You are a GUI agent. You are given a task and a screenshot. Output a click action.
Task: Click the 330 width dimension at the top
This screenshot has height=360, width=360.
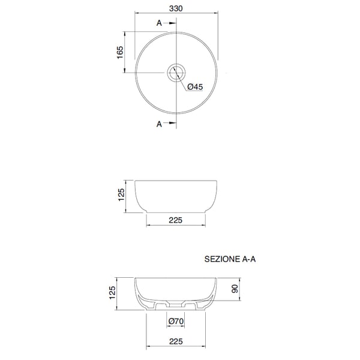pos(176,8)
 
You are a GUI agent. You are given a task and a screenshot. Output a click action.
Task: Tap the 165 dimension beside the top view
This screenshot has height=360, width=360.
pos(120,52)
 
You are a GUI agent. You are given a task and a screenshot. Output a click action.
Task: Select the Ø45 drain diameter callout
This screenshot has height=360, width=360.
pos(195,87)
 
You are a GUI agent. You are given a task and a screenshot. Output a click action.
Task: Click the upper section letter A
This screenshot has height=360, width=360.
pos(159,23)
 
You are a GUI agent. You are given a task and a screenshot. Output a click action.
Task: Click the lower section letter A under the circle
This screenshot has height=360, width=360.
pos(159,124)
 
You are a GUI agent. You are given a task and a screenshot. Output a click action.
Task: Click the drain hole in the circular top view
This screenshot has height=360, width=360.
pos(176,73)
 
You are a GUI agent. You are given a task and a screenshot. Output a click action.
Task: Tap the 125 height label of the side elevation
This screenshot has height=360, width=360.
pos(121,194)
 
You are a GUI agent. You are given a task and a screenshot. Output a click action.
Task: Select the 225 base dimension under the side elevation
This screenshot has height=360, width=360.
pos(176,220)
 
